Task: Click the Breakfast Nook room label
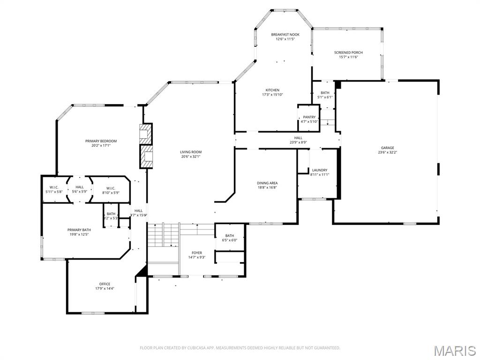coord(285,35)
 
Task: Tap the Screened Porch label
coord(348,52)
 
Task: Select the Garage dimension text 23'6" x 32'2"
coord(387,152)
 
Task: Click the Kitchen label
coord(272,90)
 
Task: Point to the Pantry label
coord(309,117)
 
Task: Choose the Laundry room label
coord(320,170)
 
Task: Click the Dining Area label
coord(267,183)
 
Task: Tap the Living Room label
coord(191,152)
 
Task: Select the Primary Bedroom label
coord(101,141)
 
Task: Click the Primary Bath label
coord(79,230)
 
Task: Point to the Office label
coord(105,284)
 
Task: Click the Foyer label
coord(197,253)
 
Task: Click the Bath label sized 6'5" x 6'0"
coord(230,236)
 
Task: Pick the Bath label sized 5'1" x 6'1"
coord(325,93)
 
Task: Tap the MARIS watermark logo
coord(454,350)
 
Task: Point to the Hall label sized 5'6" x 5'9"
coord(80,187)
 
